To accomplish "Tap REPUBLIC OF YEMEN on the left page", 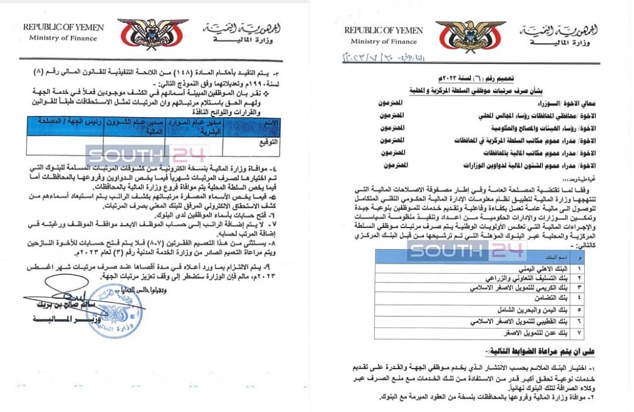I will pos(63,28).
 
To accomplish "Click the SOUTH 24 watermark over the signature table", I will pos(147,155).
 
